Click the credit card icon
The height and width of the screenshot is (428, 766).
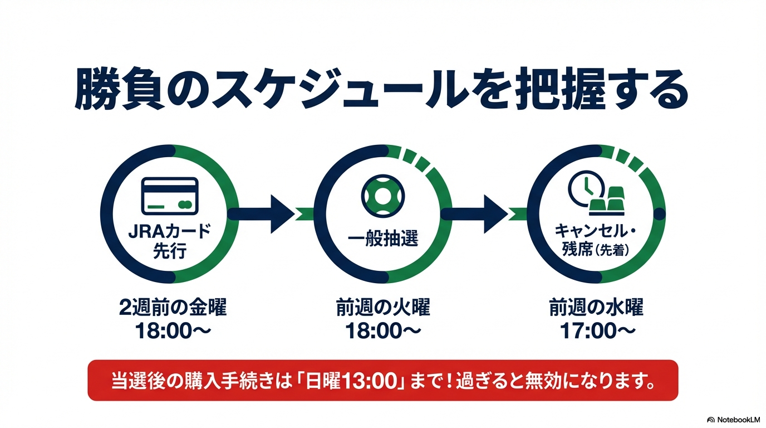pos(170,196)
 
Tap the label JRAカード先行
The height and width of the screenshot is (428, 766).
pos(170,241)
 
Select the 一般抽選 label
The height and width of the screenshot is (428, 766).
pos(382,239)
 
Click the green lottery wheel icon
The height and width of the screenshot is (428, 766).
pos(382,196)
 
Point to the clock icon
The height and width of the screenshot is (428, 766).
pos(586,189)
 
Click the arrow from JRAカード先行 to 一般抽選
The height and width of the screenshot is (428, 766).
pos(262,214)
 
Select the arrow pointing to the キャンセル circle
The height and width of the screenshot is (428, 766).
pos(475,214)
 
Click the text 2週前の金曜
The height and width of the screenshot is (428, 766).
pos(173,307)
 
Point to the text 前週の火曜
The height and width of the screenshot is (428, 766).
pos(383,307)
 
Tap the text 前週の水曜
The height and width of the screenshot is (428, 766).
pos(596,307)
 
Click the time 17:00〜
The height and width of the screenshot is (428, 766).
pos(597,331)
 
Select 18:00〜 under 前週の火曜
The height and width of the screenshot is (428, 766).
pos(383,331)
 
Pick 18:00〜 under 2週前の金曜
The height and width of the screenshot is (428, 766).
pos(173,331)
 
